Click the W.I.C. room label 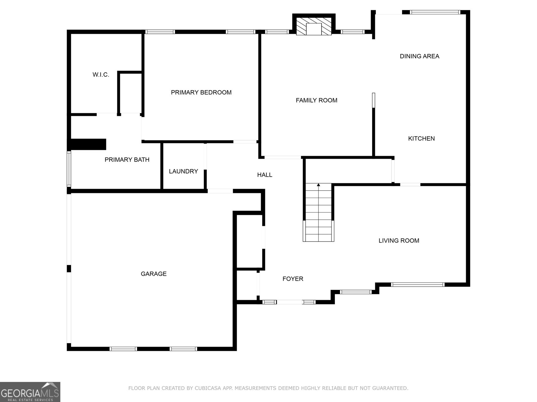point(101,75)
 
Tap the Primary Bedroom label point(201,92)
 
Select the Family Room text point(316,100)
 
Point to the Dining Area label point(419,56)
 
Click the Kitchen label point(421,138)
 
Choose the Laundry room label point(183,172)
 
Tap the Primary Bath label point(127,160)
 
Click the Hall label point(264,175)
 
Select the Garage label point(153,274)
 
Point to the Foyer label point(293,279)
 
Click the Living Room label point(399,241)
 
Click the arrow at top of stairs point(318,185)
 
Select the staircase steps point(318,214)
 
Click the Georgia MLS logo point(30,392)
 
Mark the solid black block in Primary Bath point(88,144)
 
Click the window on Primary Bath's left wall point(69,169)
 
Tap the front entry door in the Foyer point(289,302)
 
